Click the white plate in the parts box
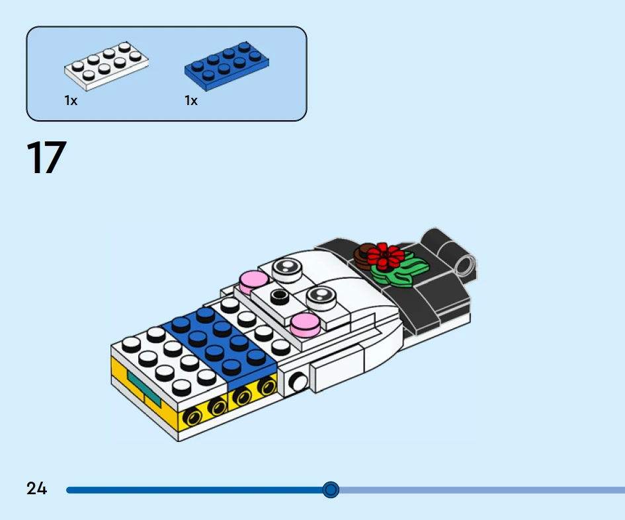106,65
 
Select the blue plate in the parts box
226,66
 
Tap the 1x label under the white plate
71,100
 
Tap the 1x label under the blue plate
191,100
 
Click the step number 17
46,157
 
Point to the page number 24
36,488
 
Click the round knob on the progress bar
331,490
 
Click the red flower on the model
385,255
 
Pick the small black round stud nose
279,296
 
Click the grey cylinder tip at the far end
466,265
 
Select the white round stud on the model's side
298,383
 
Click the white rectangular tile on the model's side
337,368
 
